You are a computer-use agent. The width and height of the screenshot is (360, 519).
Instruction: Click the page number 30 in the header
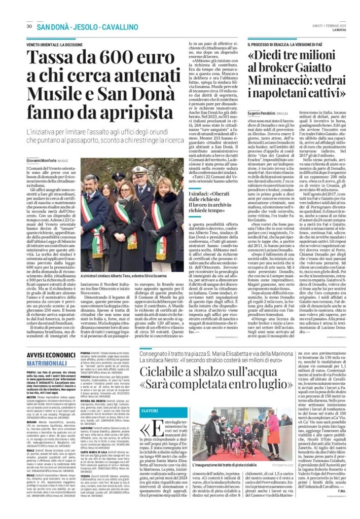29,26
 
